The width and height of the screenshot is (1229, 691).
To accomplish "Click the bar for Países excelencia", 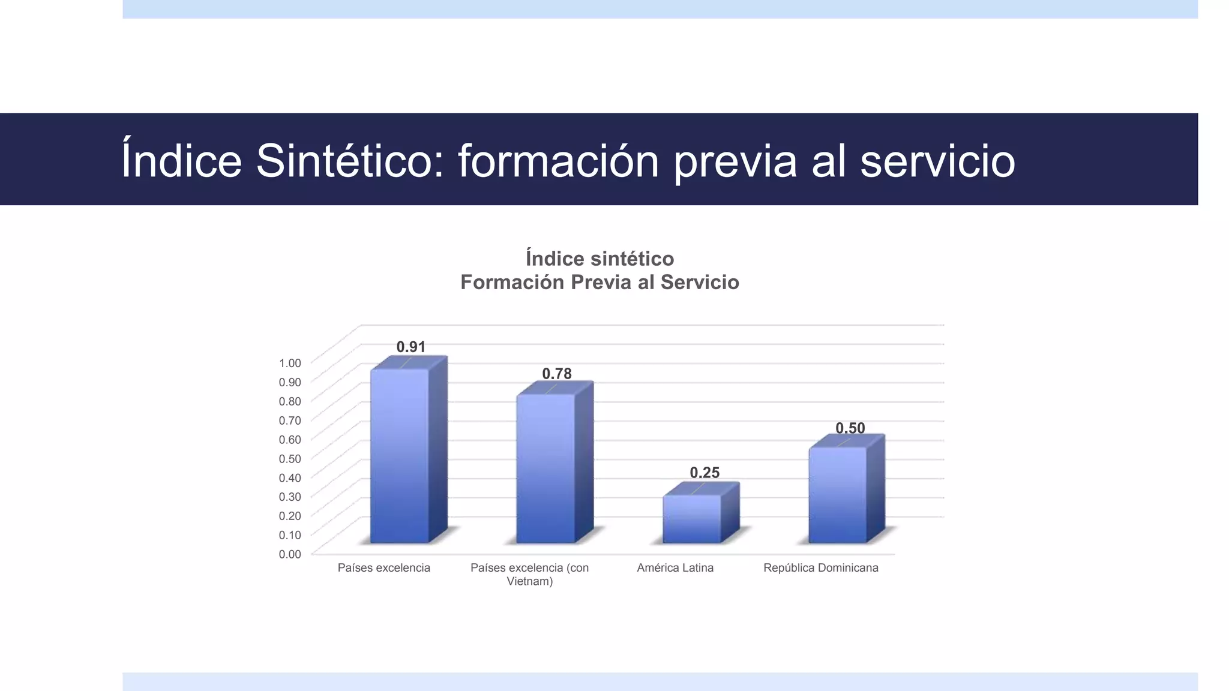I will (x=400, y=456).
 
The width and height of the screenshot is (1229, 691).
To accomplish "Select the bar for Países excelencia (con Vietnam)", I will (x=545, y=468).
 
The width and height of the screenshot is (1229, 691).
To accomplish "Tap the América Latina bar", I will (x=692, y=519).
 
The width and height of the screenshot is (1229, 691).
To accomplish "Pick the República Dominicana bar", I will (x=838, y=495).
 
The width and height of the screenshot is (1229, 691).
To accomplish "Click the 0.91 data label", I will (x=411, y=347).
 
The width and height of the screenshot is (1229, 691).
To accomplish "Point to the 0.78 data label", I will (x=557, y=374).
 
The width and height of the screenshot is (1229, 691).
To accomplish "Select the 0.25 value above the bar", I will (x=705, y=473).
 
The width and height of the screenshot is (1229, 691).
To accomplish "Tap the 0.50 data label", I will (x=850, y=428).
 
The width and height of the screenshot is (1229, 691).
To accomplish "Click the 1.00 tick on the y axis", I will (x=290, y=363).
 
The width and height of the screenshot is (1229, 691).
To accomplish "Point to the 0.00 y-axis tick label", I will (x=290, y=554).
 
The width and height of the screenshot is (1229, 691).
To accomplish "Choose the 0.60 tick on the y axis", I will (x=290, y=439).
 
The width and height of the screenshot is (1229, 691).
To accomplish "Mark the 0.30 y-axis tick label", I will (x=290, y=497).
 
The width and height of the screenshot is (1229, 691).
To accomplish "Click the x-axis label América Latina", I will (x=675, y=567).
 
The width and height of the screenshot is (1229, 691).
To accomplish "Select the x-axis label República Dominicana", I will (x=820, y=567).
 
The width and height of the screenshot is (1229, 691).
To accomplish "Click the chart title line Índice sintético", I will (x=599, y=259).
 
